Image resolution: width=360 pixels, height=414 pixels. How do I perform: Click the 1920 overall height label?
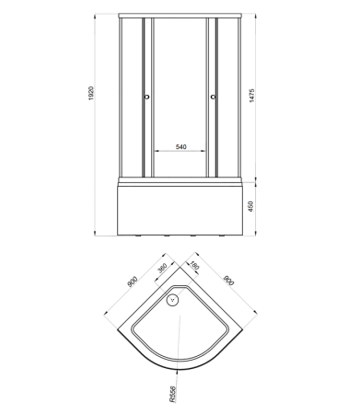[91, 94]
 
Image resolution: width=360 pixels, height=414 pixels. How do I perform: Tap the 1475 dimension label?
[251, 96]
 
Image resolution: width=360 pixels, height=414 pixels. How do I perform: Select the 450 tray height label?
[250, 207]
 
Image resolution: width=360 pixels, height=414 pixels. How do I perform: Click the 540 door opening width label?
[181, 147]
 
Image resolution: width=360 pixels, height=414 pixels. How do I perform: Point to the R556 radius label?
[172, 394]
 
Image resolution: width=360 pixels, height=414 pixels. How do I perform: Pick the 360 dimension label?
[162, 268]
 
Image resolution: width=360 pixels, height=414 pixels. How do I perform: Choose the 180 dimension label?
[194, 265]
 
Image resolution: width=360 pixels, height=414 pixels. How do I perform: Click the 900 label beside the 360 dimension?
[133, 282]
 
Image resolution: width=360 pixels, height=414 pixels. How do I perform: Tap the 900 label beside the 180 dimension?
[228, 281]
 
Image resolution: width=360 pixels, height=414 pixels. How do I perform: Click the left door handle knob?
[146, 97]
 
